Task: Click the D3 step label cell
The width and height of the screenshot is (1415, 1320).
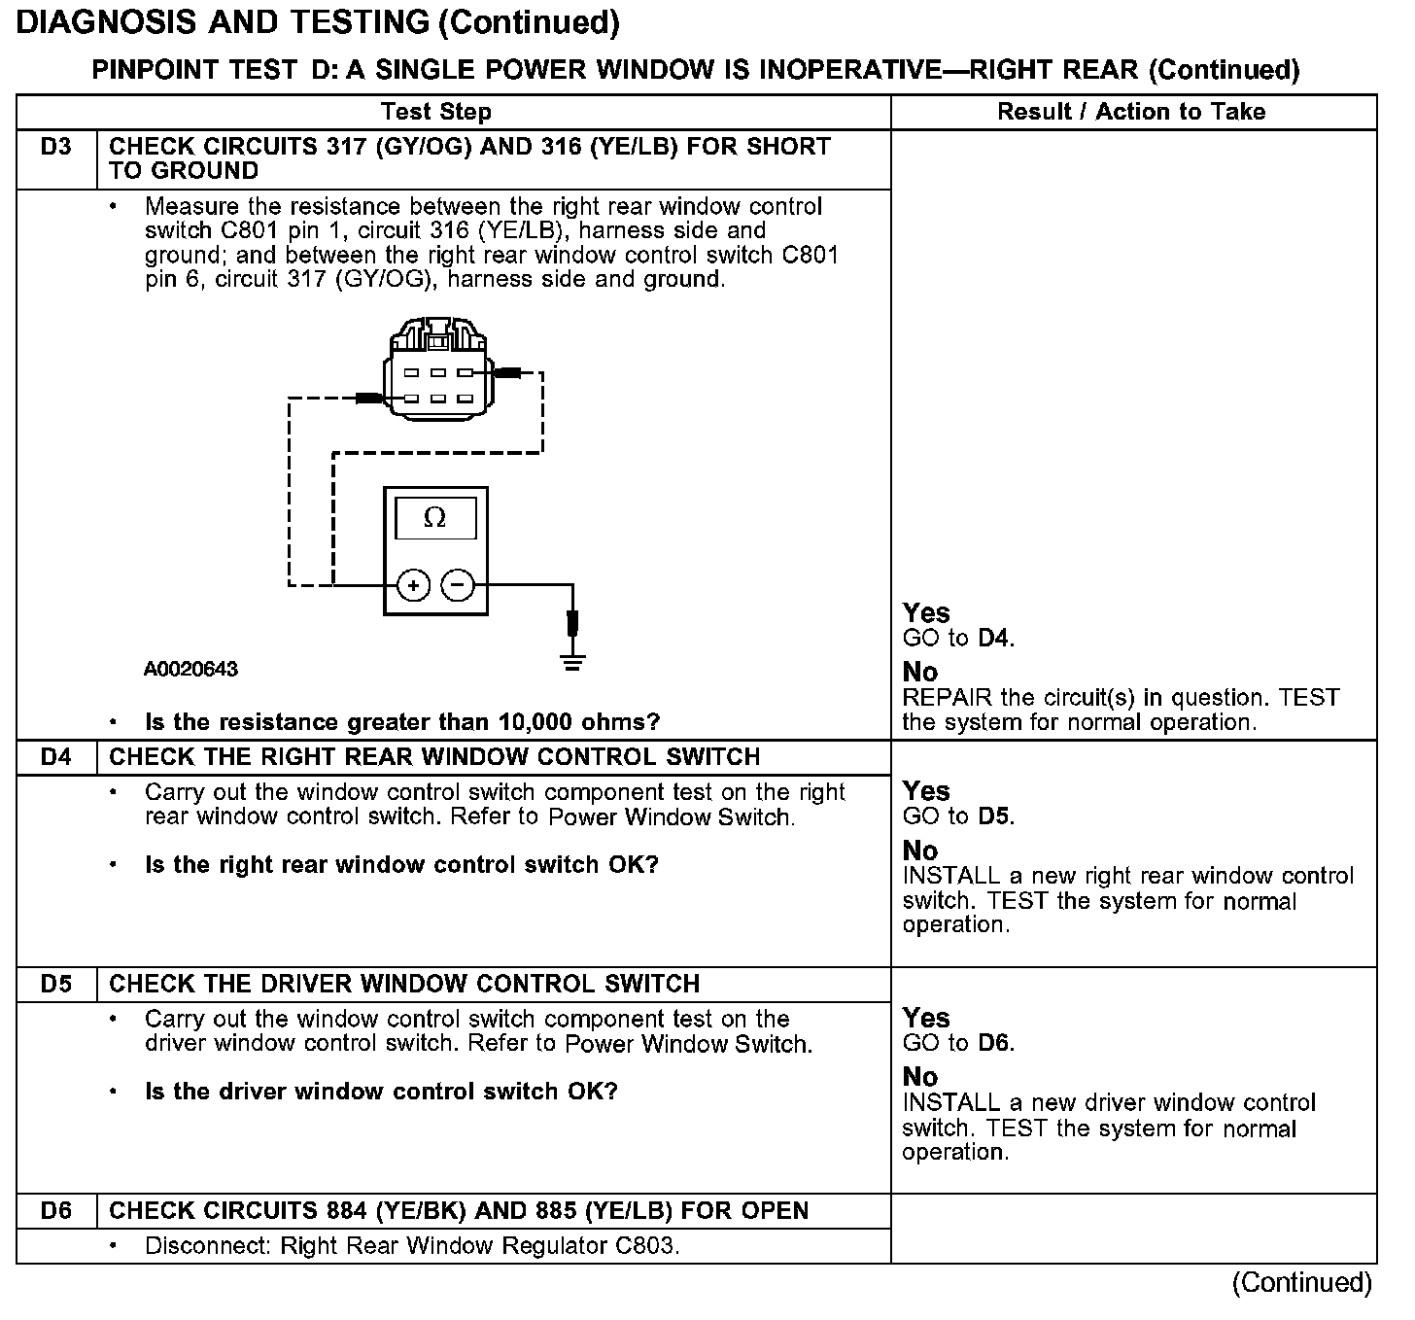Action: (56, 148)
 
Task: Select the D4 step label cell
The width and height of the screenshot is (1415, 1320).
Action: (56, 757)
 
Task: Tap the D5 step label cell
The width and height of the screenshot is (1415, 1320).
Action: (56, 984)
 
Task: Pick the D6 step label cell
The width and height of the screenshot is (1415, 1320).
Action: (56, 1211)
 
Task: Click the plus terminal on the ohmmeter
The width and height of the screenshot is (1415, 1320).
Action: (413, 585)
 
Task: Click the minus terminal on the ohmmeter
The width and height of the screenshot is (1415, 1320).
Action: (458, 585)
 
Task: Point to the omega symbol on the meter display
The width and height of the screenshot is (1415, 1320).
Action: (435, 518)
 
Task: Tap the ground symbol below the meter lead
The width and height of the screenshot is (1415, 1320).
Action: (572, 664)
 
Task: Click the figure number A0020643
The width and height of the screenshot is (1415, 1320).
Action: (190, 670)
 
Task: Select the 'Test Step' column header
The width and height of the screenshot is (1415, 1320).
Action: (435, 112)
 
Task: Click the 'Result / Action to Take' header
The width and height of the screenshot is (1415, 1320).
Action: (1131, 112)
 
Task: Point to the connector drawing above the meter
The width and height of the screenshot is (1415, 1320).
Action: (436, 369)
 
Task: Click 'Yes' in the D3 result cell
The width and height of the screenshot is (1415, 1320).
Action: (925, 613)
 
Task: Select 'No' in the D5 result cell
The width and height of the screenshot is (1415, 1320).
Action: (919, 1077)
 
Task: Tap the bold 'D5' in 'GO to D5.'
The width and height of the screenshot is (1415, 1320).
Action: (993, 816)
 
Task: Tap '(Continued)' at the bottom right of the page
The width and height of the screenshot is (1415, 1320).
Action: (1301, 1283)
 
